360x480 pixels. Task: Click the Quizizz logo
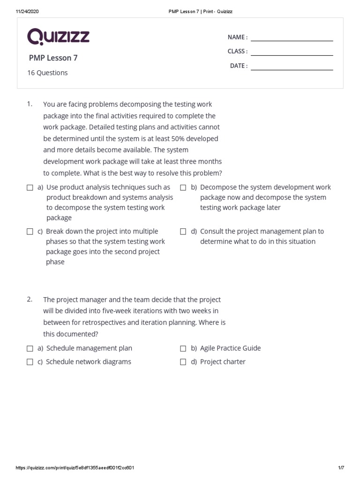(x=58, y=37)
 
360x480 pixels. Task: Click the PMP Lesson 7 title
(x=53, y=58)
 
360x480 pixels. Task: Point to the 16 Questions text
(x=47, y=73)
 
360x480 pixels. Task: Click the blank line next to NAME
(x=292, y=40)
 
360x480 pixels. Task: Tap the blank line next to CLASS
(x=292, y=55)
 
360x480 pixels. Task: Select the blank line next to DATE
(x=292, y=69)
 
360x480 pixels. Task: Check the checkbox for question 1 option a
(x=30, y=187)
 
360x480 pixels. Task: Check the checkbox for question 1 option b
(x=183, y=187)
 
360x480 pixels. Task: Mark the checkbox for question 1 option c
(x=30, y=232)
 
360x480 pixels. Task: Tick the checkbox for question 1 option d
(x=183, y=232)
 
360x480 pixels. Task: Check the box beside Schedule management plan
(x=30, y=348)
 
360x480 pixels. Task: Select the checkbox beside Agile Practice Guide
(x=183, y=348)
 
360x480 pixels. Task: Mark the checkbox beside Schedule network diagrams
(x=30, y=362)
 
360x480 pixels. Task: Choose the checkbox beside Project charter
(x=183, y=362)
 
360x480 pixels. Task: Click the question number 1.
(x=30, y=104)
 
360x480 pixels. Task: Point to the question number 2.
(x=30, y=299)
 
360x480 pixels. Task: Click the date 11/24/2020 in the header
(x=27, y=12)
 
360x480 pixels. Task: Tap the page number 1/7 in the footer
(x=341, y=468)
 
